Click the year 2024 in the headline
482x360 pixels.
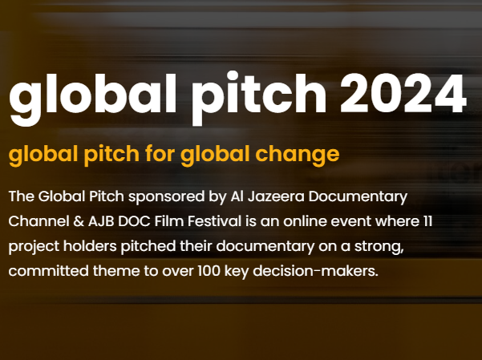point(403,93)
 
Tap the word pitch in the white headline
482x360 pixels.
point(259,98)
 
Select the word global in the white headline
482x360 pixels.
point(92,99)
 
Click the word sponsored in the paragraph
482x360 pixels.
point(166,197)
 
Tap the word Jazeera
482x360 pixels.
point(276,197)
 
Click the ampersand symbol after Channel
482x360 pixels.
point(79,221)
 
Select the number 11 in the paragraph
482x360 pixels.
point(427,221)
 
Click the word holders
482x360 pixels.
point(90,246)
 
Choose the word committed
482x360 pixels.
point(49,271)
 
